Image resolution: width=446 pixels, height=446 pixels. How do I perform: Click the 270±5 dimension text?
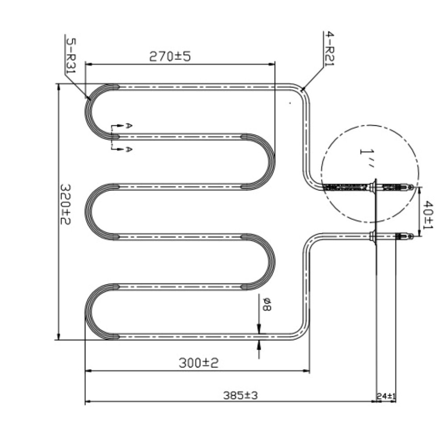170,56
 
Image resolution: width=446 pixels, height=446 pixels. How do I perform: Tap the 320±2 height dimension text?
65,205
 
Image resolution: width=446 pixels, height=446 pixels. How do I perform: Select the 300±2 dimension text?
198,363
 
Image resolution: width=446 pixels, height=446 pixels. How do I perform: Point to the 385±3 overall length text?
240,395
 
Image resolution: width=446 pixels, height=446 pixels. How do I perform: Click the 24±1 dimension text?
386,396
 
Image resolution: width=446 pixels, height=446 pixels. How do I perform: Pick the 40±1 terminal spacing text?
428,215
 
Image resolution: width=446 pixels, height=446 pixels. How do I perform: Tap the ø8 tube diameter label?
267,304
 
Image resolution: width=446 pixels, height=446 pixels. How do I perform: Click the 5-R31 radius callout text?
71,55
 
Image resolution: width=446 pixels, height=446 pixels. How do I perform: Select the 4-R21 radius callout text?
330,49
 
